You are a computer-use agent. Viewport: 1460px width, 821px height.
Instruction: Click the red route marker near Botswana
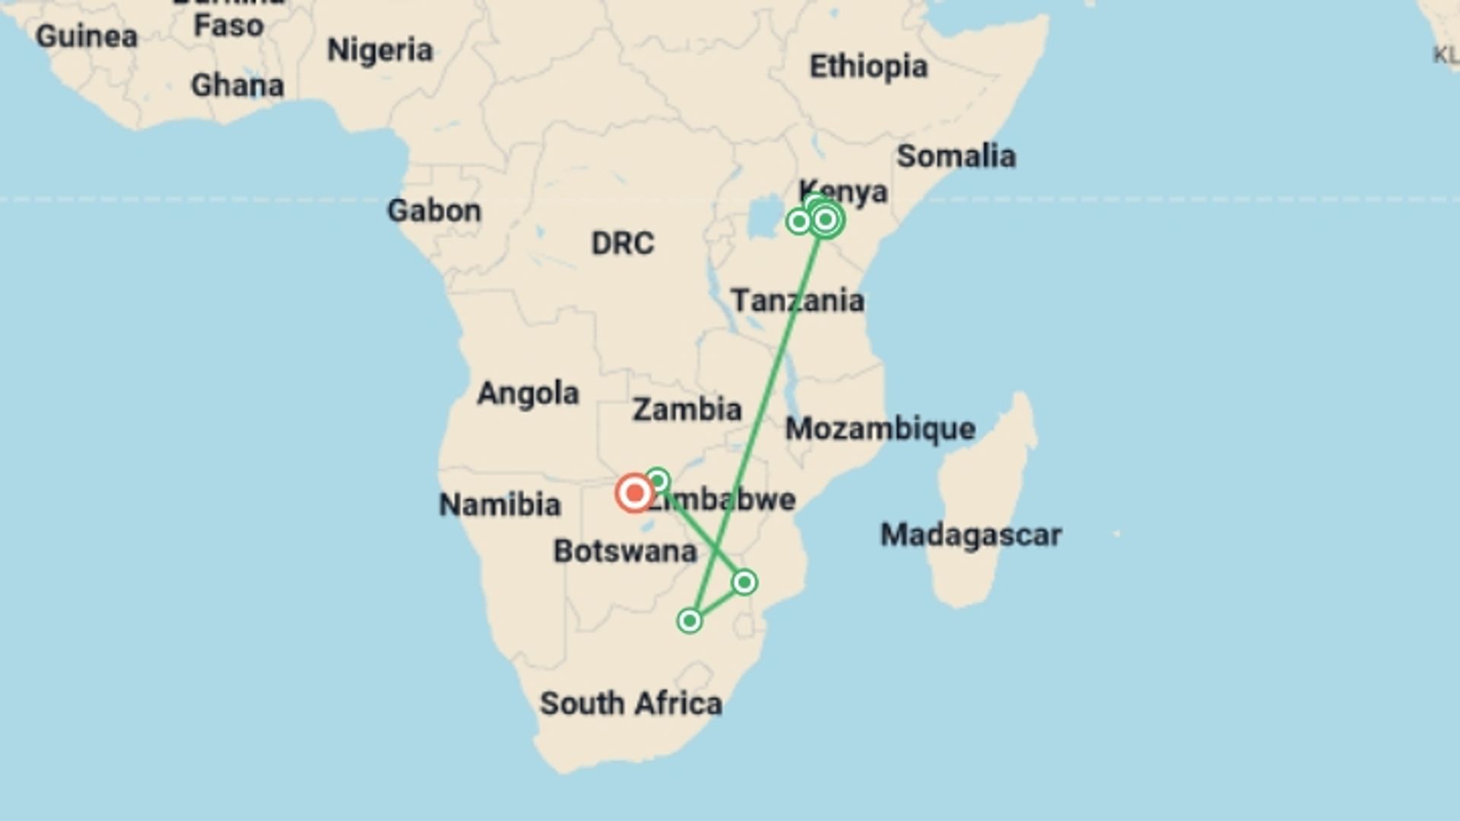634,493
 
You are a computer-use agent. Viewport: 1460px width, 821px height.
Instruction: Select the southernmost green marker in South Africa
690,621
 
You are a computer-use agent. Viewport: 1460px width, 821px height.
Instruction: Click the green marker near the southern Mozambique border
744,582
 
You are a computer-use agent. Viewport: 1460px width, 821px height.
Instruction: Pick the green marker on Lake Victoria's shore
798,221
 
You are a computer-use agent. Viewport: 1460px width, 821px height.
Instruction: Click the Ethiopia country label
868,67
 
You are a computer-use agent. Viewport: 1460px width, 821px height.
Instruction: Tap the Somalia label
956,157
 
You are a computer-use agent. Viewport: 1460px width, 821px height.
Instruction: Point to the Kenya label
843,192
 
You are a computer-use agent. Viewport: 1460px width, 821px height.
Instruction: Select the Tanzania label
798,301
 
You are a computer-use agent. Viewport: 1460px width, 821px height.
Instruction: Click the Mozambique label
880,430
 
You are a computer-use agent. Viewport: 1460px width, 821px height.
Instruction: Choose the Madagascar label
970,535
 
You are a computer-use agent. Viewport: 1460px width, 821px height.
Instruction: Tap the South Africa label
630,704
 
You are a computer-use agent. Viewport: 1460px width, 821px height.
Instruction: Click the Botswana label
625,551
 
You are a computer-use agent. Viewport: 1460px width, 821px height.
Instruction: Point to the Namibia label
500,505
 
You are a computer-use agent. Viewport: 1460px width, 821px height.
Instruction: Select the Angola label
528,394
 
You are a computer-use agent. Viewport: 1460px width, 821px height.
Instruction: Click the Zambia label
687,410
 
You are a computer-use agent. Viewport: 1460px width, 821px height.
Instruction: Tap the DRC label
622,244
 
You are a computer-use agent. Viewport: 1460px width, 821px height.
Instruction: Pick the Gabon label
434,211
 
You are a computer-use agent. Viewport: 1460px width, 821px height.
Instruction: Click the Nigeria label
379,51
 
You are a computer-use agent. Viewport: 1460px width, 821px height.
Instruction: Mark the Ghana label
237,86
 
